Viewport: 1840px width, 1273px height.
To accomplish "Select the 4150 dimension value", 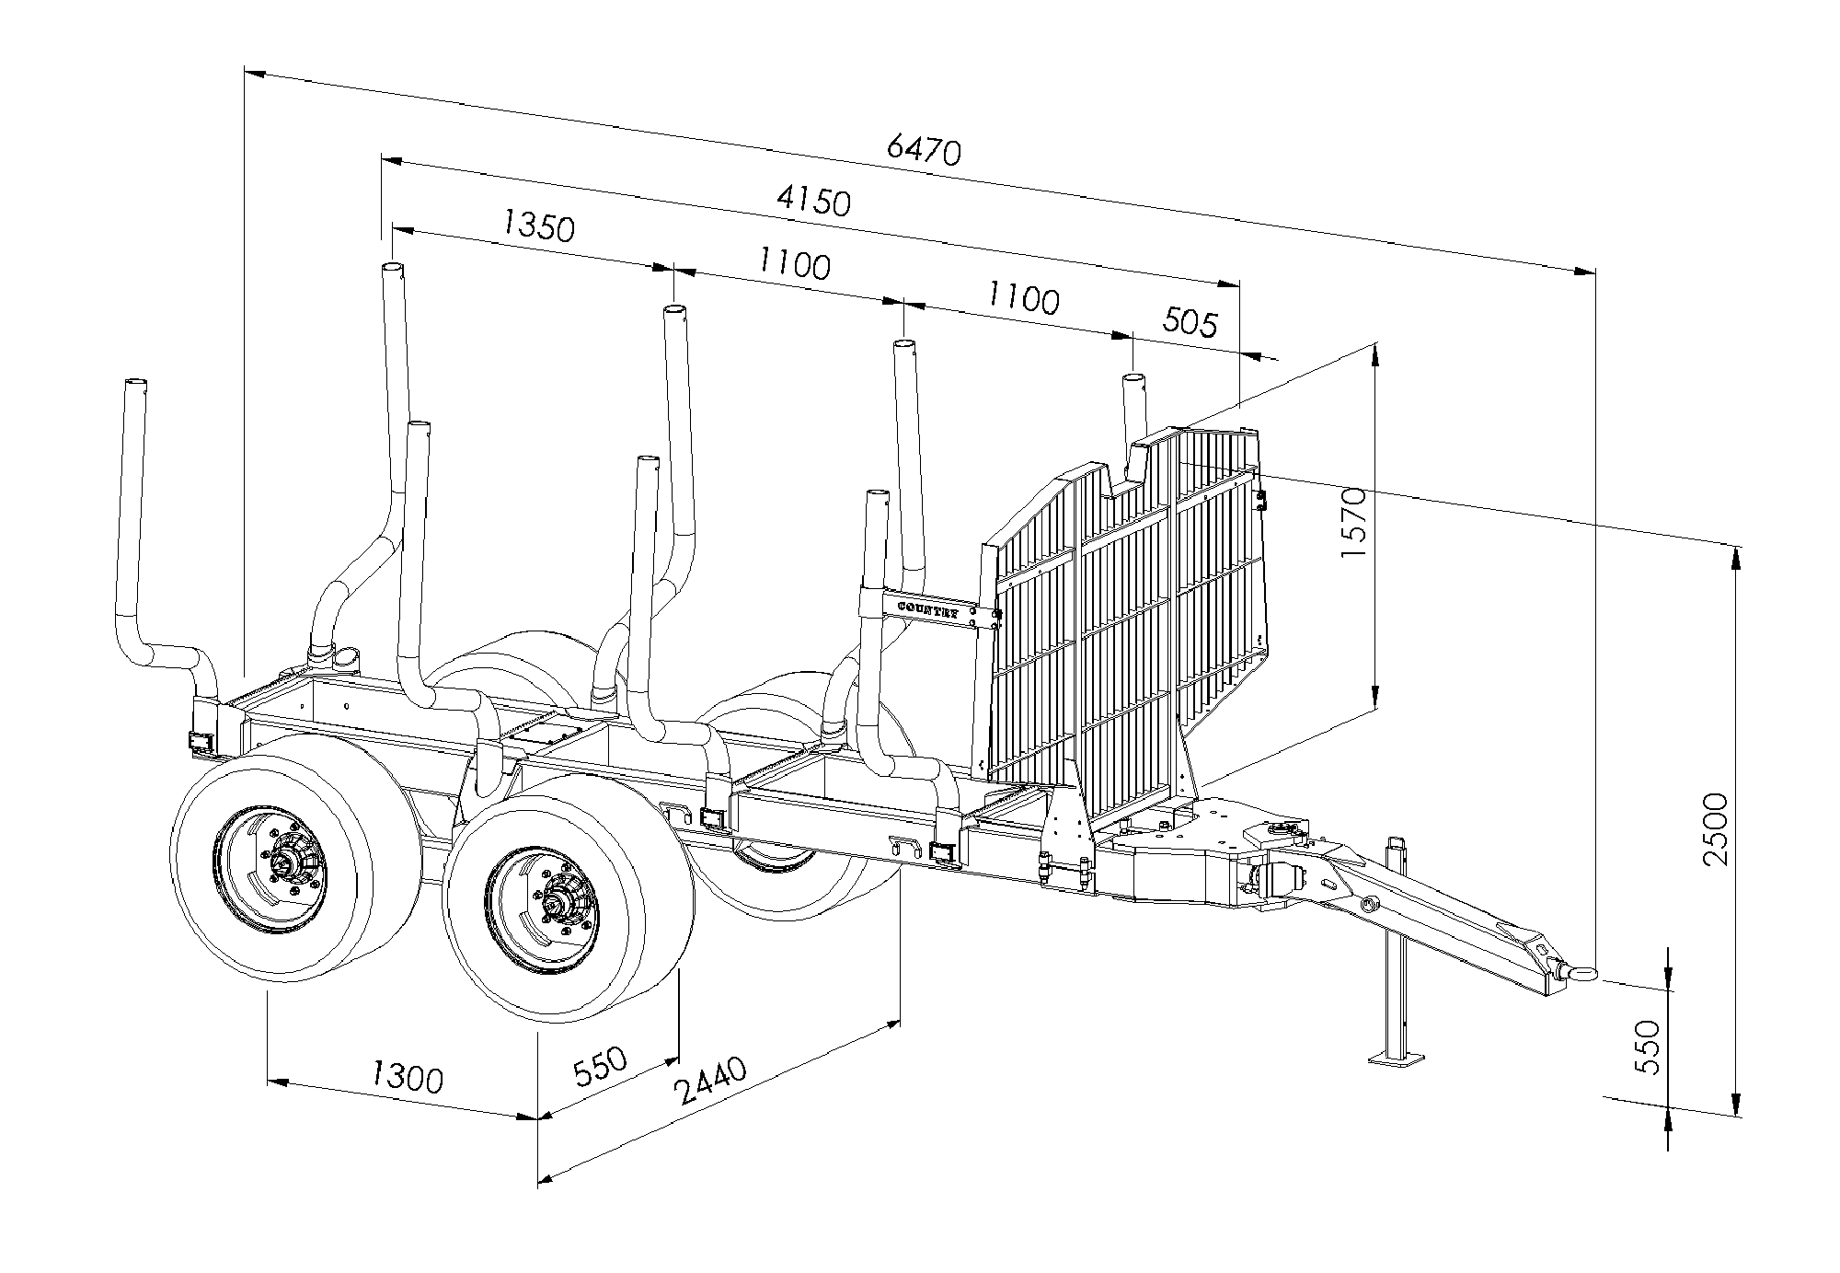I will [x=813, y=200].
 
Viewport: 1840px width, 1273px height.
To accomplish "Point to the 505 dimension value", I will [x=1190, y=322].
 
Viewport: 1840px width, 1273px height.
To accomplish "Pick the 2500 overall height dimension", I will [x=1716, y=828].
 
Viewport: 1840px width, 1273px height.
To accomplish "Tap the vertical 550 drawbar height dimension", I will [x=1649, y=1047].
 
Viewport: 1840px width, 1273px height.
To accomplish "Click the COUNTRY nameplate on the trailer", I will [x=928, y=610].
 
